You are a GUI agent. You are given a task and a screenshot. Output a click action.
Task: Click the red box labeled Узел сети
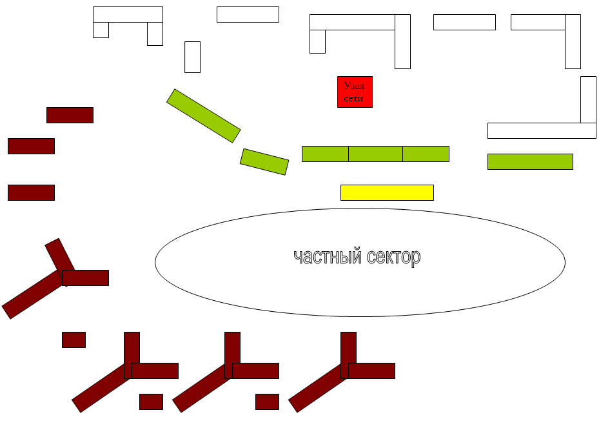pyautogui.click(x=355, y=92)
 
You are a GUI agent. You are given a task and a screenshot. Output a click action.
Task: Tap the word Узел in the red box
pyautogui.click(x=355, y=86)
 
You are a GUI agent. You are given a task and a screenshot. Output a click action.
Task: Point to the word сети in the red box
pyautogui.click(x=354, y=99)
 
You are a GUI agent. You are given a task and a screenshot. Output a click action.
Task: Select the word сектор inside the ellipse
pyautogui.click(x=393, y=257)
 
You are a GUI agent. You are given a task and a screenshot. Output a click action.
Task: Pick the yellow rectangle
pyautogui.click(x=387, y=192)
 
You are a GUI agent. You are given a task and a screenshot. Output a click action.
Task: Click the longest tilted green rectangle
pyautogui.click(x=203, y=116)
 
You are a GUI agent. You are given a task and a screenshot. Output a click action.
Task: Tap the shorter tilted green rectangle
pyautogui.click(x=264, y=161)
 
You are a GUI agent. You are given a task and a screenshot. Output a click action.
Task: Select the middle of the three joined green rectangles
pyautogui.click(x=375, y=154)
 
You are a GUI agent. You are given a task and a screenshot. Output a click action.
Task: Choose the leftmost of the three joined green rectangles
pyautogui.click(x=325, y=154)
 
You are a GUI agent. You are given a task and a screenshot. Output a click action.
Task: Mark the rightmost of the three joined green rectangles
pyautogui.click(x=426, y=154)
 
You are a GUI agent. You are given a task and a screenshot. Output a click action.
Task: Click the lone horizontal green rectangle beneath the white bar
pyautogui.click(x=530, y=161)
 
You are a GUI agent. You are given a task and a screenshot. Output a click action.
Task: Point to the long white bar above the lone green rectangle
pyautogui.click(x=542, y=130)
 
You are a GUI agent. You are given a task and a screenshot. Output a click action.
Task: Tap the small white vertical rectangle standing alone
pyautogui.click(x=192, y=57)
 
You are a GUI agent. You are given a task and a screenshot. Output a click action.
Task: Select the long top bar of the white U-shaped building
pyautogui.click(x=128, y=14)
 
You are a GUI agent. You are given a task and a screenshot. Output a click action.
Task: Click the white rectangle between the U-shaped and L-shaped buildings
pyautogui.click(x=248, y=14)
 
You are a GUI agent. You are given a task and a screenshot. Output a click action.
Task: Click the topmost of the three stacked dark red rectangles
pyautogui.click(x=70, y=115)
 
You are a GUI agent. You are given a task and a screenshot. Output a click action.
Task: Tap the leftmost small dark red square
pyautogui.click(x=74, y=340)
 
